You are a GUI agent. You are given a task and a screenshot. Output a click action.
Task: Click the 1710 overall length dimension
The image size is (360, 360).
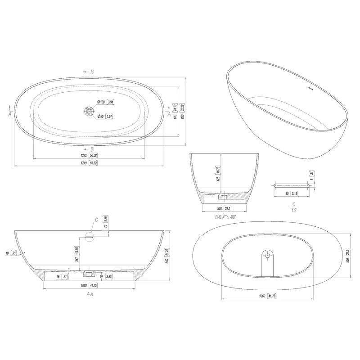(x=84, y=163)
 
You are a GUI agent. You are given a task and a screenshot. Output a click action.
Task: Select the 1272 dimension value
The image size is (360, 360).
(x=84, y=155)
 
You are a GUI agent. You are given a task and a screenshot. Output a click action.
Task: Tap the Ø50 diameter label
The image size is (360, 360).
(x=100, y=117)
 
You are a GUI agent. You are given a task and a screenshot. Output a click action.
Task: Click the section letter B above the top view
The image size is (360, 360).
(x=92, y=72)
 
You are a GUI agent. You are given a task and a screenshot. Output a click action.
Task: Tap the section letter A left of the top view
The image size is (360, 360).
(x=10, y=114)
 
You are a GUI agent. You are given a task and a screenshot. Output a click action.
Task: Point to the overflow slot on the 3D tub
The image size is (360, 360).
(x=309, y=87)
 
